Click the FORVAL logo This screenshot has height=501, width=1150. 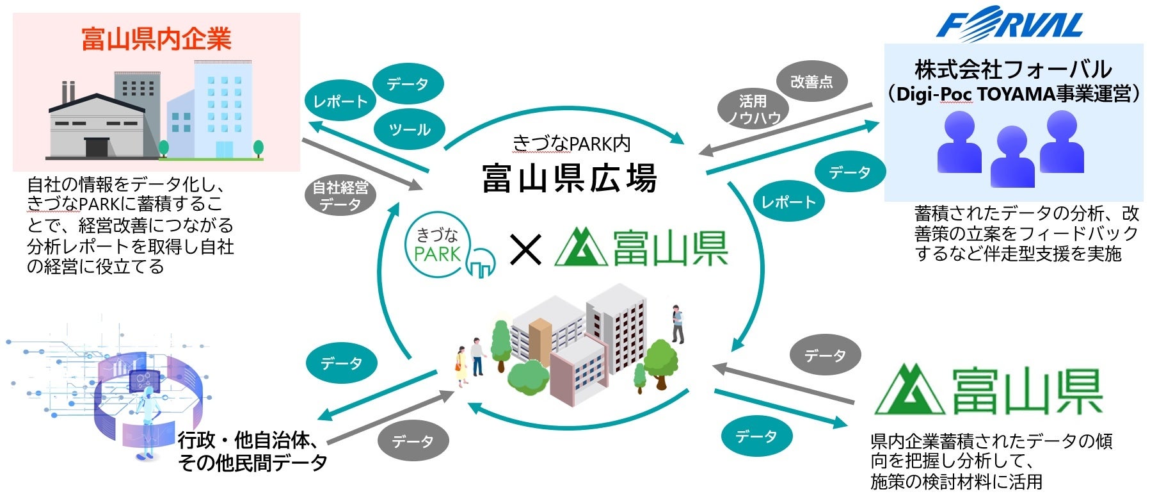point(1010,24)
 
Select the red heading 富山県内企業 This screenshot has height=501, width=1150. point(156,40)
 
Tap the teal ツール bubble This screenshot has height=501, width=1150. point(409,130)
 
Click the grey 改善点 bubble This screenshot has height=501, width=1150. point(811,82)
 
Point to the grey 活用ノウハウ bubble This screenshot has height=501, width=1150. point(753,109)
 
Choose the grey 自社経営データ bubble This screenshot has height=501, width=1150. point(340,196)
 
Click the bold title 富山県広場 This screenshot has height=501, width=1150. point(569,178)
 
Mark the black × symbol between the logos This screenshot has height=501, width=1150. point(525,249)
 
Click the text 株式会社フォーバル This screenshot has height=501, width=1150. point(1013,69)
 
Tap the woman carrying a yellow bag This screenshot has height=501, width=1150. point(461,366)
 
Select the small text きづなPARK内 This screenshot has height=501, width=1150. point(571,144)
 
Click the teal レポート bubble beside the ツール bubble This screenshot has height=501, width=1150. point(340,101)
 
